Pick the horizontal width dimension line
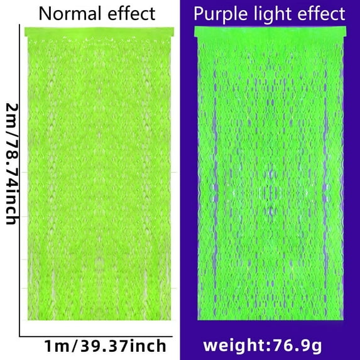coord(94,337)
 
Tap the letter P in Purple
coord(200,14)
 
